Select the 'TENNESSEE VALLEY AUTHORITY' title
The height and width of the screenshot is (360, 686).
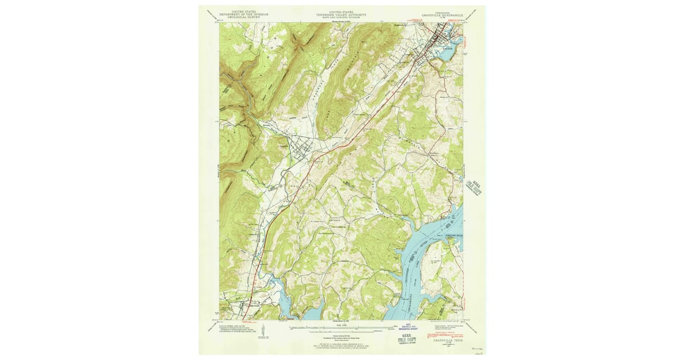(341, 14)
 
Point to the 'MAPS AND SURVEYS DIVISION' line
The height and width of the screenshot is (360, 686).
(341, 17)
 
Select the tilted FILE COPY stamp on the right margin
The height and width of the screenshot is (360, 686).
(474, 187)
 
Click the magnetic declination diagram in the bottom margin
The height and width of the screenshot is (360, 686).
(262, 331)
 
